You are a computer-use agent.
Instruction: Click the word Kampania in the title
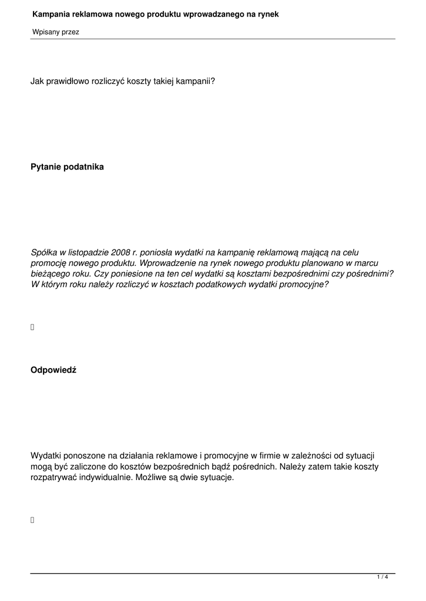pyautogui.click(x=51, y=13)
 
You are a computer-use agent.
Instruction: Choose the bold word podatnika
pyautogui.click(x=84, y=167)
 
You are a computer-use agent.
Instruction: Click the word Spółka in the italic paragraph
pyautogui.click(x=43, y=252)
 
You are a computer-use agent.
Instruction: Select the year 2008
pyautogui.click(x=121, y=252)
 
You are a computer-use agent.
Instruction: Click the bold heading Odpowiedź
pyautogui.click(x=53, y=370)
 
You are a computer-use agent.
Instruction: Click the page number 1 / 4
pyautogui.click(x=383, y=578)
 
